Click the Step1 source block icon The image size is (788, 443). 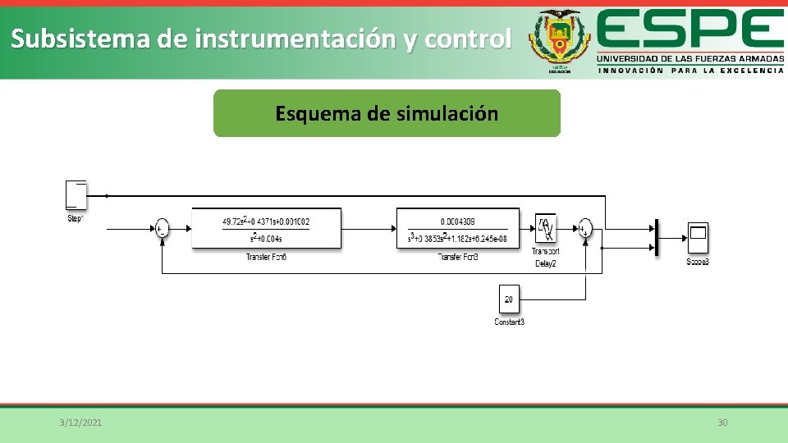76,194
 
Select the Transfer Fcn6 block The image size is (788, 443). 266,228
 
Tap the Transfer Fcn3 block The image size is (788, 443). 457,228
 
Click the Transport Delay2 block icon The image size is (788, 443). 545,227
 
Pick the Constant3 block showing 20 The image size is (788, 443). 509,299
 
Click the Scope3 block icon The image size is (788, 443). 698,238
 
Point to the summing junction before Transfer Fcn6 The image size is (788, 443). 161,229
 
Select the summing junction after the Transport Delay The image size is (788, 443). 584,228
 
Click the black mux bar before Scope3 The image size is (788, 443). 657,238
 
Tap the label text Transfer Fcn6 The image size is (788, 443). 266,258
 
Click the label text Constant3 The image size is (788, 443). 509,322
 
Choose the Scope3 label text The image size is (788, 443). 698,262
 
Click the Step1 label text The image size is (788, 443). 76,218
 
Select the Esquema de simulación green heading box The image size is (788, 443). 387,113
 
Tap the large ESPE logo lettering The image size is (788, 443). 689,30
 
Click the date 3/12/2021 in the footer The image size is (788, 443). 80,422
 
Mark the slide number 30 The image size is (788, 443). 722,422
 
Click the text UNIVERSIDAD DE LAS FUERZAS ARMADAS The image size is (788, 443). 689,59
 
